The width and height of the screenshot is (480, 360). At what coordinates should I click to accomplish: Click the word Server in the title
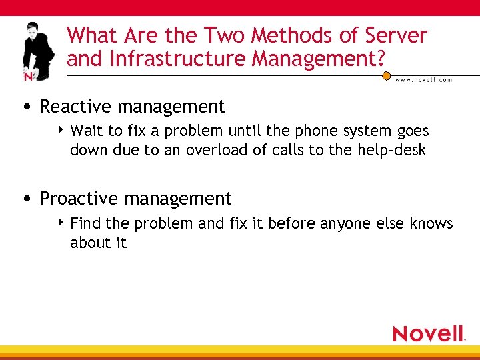coord(393,35)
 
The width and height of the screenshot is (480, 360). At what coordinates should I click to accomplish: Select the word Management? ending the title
coord(318,59)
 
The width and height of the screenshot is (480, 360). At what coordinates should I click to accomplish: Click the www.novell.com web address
coord(423,79)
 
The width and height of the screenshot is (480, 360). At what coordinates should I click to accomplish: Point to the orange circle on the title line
coord(386,76)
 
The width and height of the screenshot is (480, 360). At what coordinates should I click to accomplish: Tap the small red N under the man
coord(29,77)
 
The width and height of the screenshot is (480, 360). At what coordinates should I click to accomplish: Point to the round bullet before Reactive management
coord(25,107)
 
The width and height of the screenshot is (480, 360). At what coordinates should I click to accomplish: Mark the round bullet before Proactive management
coord(25,199)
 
